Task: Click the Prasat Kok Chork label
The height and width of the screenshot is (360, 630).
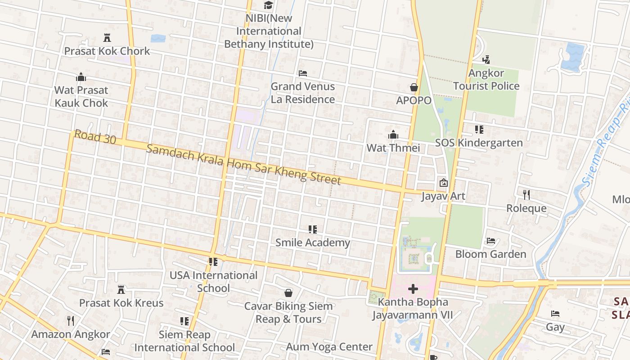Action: [x=107, y=51]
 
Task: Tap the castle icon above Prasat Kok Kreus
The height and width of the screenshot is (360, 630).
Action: [x=121, y=289]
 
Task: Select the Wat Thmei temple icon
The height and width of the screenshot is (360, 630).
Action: [x=393, y=135]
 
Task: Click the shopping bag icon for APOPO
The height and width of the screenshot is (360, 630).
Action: [x=414, y=87]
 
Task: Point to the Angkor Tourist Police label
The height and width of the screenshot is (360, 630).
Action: [x=486, y=80]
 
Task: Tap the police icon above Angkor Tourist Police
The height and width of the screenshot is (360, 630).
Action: [x=486, y=59]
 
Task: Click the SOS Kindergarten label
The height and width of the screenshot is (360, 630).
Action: [x=479, y=143]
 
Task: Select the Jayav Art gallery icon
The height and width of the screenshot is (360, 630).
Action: [x=444, y=183]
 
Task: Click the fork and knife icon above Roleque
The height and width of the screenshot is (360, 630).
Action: [x=526, y=194]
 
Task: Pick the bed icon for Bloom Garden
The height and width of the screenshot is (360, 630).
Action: [x=491, y=241]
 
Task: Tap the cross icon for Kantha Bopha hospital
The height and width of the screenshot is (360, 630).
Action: [x=413, y=288]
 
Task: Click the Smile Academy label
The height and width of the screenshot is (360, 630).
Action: [x=313, y=243]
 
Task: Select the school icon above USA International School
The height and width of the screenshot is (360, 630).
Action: [x=213, y=261]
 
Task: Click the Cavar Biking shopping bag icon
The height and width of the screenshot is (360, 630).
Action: [x=288, y=293]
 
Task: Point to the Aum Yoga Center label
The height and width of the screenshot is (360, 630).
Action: [x=329, y=347]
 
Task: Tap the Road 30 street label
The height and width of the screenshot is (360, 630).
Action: [x=95, y=137]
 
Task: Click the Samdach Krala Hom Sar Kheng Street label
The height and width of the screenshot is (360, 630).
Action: [x=243, y=165]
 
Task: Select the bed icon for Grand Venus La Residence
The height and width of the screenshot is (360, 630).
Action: [x=303, y=73]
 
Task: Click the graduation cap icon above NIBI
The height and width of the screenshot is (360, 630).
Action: [x=268, y=5]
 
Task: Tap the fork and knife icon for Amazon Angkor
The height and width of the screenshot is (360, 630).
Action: [x=70, y=320]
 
